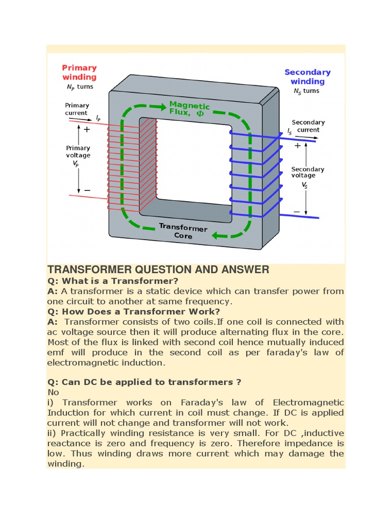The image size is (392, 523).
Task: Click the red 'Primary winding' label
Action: (x=79, y=72)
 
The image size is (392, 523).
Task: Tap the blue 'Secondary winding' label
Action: (x=307, y=77)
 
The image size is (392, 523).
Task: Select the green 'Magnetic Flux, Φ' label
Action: (x=189, y=109)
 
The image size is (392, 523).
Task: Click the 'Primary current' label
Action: (x=77, y=109)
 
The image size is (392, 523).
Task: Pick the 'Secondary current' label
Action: (x=308, y=126)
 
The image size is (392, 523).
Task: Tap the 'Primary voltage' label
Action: (x=78, y=152)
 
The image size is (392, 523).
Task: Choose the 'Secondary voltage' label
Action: (x=307, y=172)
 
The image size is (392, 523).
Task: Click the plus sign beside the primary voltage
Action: (x=87, y=130)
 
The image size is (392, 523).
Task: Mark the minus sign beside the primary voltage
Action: (x=87, y=190)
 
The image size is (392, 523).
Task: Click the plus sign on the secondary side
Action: (x=298, y=146)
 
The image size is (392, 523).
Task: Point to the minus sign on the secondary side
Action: (x=297, y=211)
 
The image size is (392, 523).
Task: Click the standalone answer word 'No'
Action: (x=53, y=392)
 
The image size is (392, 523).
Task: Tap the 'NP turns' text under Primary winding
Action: (x=78, y=87)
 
